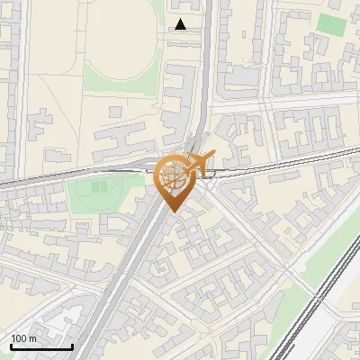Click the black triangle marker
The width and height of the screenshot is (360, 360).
point(181,24)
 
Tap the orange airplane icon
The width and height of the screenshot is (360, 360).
point(200,162)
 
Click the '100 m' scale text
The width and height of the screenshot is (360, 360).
point(23,337)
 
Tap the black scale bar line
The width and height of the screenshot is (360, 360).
point(40,346)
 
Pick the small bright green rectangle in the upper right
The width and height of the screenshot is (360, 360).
point(331,24)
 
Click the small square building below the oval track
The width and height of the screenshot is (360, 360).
point(114,111)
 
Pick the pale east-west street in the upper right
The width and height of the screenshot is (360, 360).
point(297,102)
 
